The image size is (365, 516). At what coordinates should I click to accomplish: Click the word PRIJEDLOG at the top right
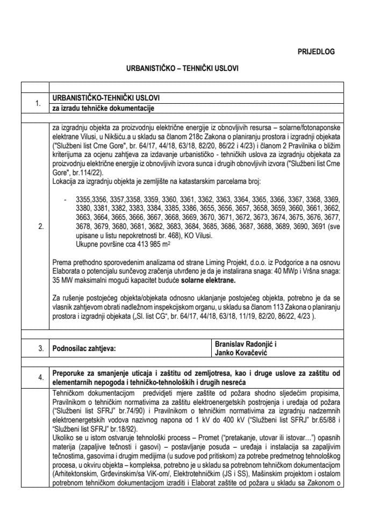pyautogui.click(x=316, y=52)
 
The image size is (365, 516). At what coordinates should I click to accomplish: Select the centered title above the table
pyautogui.click(x=182, y=69)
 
